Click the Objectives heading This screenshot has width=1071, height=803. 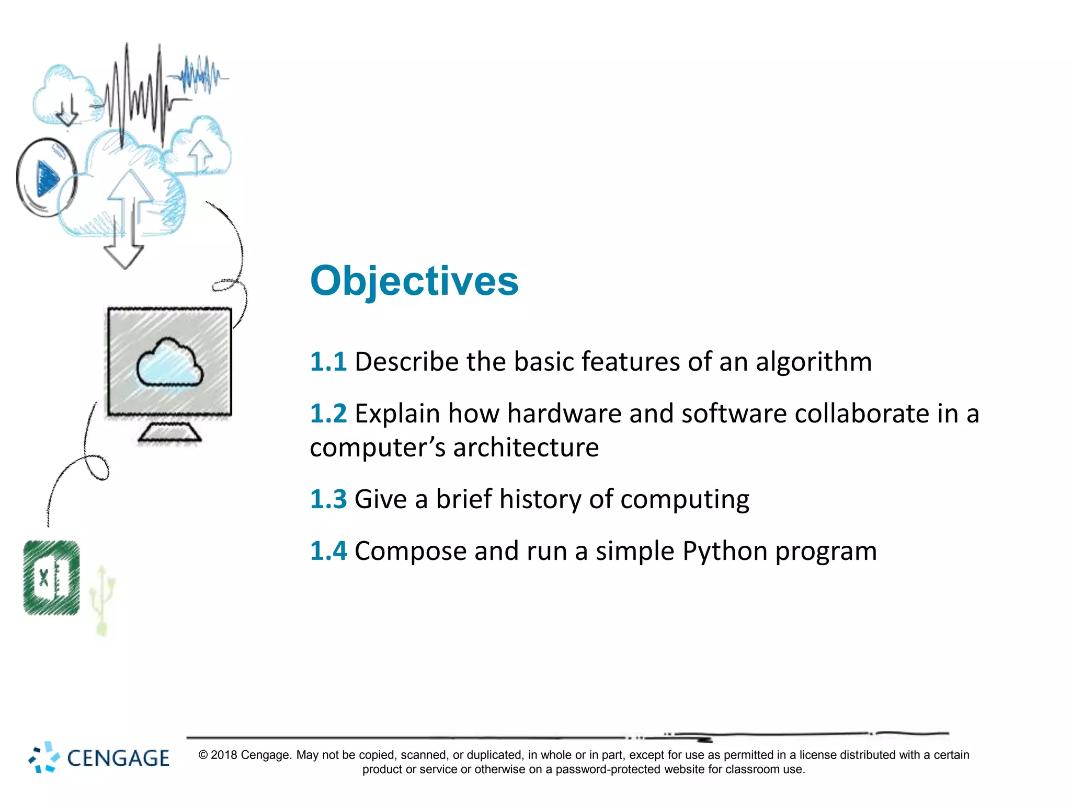[414, 281]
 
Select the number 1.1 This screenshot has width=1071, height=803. [328, 362]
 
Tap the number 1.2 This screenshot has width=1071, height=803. [328, 414]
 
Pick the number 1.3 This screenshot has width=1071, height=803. [328, 499]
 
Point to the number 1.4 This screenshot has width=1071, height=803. [328, 551]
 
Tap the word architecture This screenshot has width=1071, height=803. [526, 448]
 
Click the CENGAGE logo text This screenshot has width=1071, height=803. [118, 759]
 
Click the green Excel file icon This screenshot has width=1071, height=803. [51, 578]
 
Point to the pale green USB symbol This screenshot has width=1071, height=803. [101, 601]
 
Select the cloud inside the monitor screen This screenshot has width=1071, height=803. [169, 363]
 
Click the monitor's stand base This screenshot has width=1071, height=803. [169, 433]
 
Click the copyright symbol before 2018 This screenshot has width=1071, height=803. [203, 755]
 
